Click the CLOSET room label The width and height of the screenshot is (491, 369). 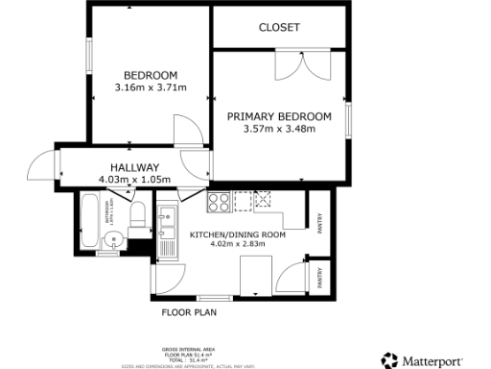pyautogui.click(x=279, y=28)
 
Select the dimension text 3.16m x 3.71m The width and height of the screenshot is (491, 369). pyautogui.click(x=150, y=88)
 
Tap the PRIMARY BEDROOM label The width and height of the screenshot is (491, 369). pyautogui.click(x=279, y=116)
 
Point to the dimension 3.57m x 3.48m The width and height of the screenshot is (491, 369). pyautogui.click(x=279, y=130)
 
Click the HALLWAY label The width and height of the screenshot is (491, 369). pyautogui.click(x=134, y=166)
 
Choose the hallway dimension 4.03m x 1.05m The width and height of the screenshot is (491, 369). pyautogui.click(x=134, y=179)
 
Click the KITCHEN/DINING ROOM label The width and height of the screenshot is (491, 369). pyautogui.click(x=238, y=234)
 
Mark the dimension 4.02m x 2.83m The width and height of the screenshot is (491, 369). pyautogui.click(x=238, y=245)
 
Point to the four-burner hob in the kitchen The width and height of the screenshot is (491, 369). pyautogui.click(x=218, y=203)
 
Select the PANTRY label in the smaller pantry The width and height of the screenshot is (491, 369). pyautogui.click(x=320, y=276)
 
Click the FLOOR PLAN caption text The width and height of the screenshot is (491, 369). pyautogui.click(x=189, y=312)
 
